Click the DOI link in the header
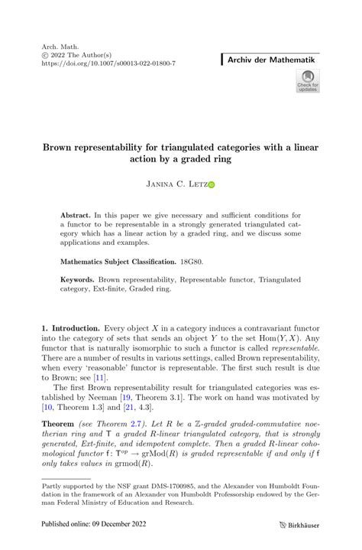pyautogui.click(x=110, y=63)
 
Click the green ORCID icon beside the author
pyautogui.click(x=212, y=184)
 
